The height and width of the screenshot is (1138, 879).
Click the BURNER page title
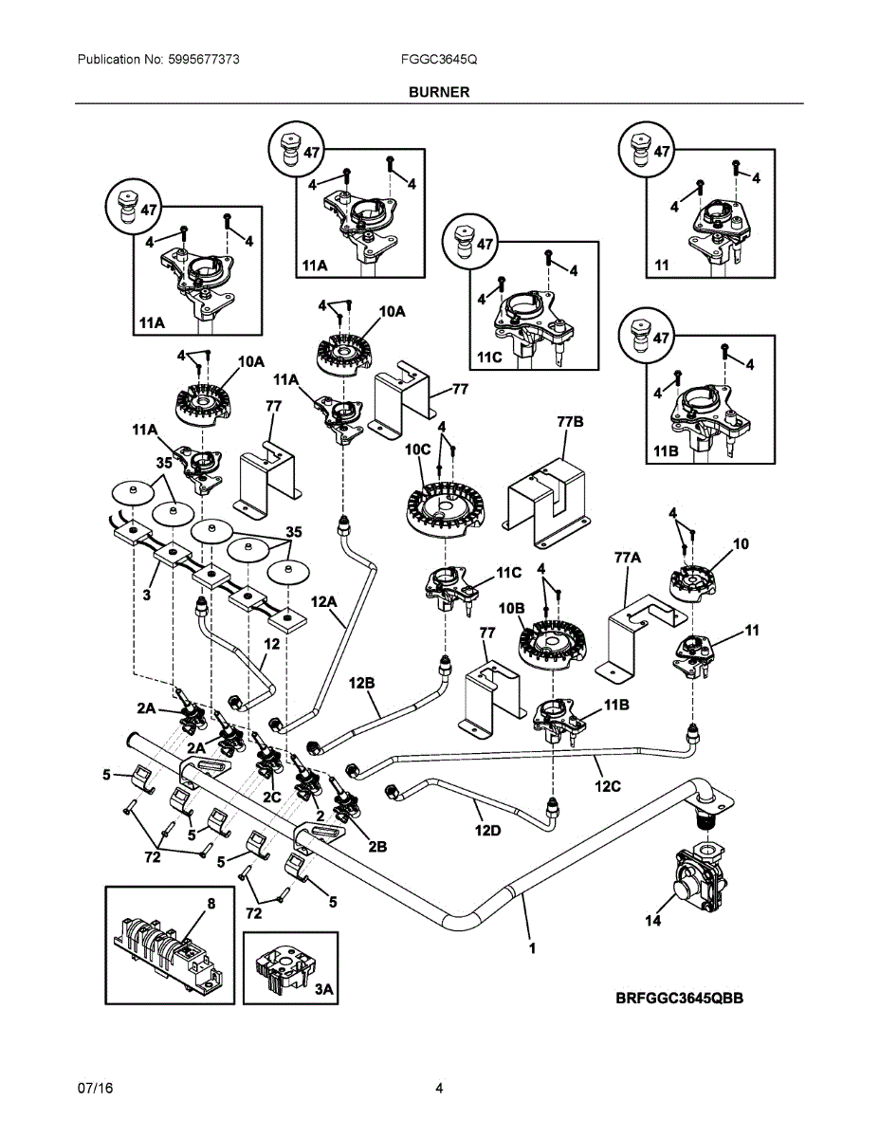439,93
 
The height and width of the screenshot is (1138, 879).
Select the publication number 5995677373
203,59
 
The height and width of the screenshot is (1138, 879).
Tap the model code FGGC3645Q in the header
439,59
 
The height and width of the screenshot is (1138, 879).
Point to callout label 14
652,919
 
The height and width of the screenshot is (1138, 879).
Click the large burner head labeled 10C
446,509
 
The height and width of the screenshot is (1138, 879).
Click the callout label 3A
323,988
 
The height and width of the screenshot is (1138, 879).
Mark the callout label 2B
376,846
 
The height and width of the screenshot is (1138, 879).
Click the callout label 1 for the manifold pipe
532,946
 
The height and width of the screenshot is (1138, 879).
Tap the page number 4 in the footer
439,1088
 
